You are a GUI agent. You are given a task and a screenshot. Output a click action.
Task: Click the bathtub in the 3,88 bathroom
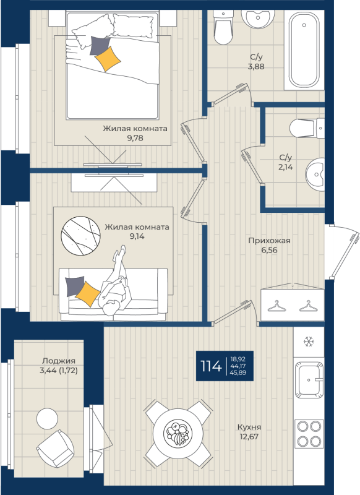click(304, 50)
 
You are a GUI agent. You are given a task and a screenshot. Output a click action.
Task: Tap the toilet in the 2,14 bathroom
click(307, 128)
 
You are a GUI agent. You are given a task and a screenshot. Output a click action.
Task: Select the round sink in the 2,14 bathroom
click(315, 174)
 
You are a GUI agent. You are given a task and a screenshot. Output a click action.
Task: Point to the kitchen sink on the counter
click(309, 380)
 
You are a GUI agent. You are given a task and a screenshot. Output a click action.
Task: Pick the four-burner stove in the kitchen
click(309, 434)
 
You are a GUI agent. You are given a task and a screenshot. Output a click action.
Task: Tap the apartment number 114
click(211, 366)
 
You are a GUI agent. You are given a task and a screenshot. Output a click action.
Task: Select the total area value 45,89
click(238, 373)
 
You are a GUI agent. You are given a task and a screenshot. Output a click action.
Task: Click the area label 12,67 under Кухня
click(249, 437)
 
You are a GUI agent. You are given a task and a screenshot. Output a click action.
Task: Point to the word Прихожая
click(269, 241)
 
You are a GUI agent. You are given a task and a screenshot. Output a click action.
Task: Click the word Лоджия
click(59, 361)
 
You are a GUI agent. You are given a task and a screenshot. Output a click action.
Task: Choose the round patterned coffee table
click(80, 236)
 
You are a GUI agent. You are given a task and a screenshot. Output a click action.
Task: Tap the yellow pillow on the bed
click(108, 58)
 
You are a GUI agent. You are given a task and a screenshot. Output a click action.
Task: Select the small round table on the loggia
click(48, 419)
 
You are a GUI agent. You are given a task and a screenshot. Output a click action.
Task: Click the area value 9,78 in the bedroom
click(135, 138)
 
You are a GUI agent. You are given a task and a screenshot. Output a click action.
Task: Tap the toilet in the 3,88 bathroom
click(224, 27)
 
